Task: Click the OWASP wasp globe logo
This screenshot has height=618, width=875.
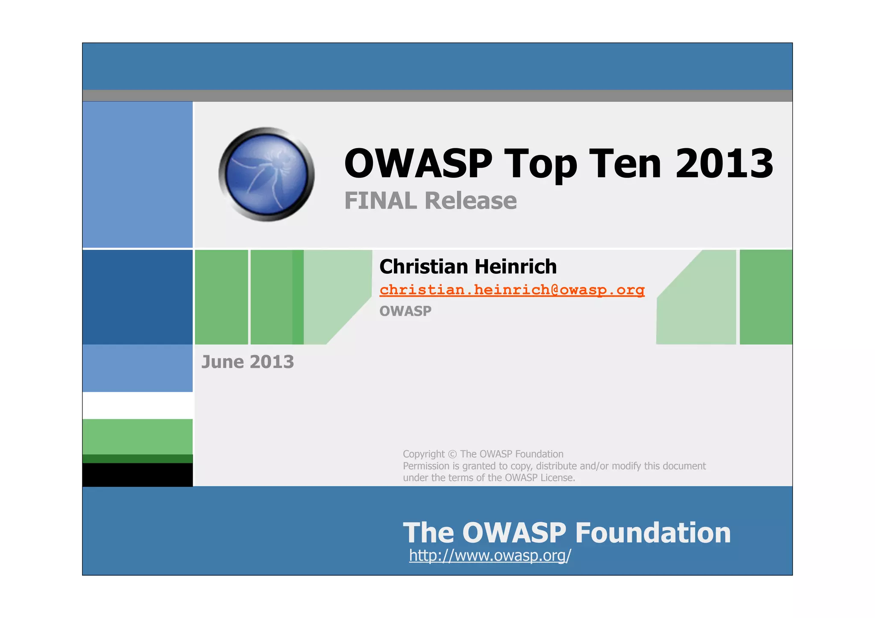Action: tap(267, 174)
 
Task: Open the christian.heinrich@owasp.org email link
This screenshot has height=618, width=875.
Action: tap(512, 290)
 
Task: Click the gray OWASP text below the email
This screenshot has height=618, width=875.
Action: tap(405, 311)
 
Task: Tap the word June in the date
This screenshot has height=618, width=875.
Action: tap(223, 362)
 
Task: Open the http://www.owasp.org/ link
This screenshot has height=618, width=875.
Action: tap(490, 555)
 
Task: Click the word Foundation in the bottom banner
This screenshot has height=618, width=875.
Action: tap(653, 533)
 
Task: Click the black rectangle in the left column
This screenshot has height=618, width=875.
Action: tap(137, 474)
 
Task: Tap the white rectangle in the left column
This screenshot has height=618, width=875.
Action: tap(137, 405)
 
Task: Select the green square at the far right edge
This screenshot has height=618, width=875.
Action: tap(766, 297)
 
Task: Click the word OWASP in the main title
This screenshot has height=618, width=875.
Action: tap(418, 164)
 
